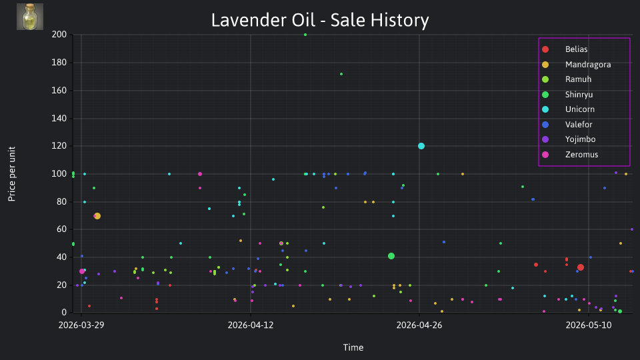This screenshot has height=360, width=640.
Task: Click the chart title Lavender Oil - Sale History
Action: pyautogui.click(x=320, y=20)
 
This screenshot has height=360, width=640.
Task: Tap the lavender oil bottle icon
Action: pyautogui.click(x=30, y=17)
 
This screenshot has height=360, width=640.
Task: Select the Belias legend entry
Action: pyautogui.click(x=565, y=49)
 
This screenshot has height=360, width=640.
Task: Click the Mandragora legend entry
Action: pyautogui.click(x=576, y=65)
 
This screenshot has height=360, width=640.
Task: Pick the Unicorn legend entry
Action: pyautogui.click(x=568, y=109)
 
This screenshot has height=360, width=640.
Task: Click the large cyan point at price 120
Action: pyautogui.click(x=421, y=146)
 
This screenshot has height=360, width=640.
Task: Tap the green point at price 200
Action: pyautogui.click(x=305, y=35)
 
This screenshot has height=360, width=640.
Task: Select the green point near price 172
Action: pyautogui.click(x=341, y=74)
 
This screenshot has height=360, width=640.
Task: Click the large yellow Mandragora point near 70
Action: pyautogui.click(x=97, y=216)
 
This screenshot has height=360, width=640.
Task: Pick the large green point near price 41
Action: pyautogui.click(x=391, y=256)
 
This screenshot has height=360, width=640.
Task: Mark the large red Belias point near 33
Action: pyautogui.click(x=581, y=267)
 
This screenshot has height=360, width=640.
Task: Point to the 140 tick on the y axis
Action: pyautogui.click(x=59, y=119)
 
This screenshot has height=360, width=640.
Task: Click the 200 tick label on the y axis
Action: pyautogui.click(x=59, y=34)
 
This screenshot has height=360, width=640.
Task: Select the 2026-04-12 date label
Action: pyautogui.click(x=250, y=325)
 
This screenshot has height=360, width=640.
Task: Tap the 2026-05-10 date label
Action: pyautogui.click(x=588, y=325)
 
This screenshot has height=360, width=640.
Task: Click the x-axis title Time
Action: pyautogui.click(x=353, y=347)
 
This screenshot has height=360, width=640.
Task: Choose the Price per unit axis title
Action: pyautogui.click(x=12, y=174)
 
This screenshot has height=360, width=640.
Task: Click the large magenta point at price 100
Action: pyautogui.click(x=200, y=174)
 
